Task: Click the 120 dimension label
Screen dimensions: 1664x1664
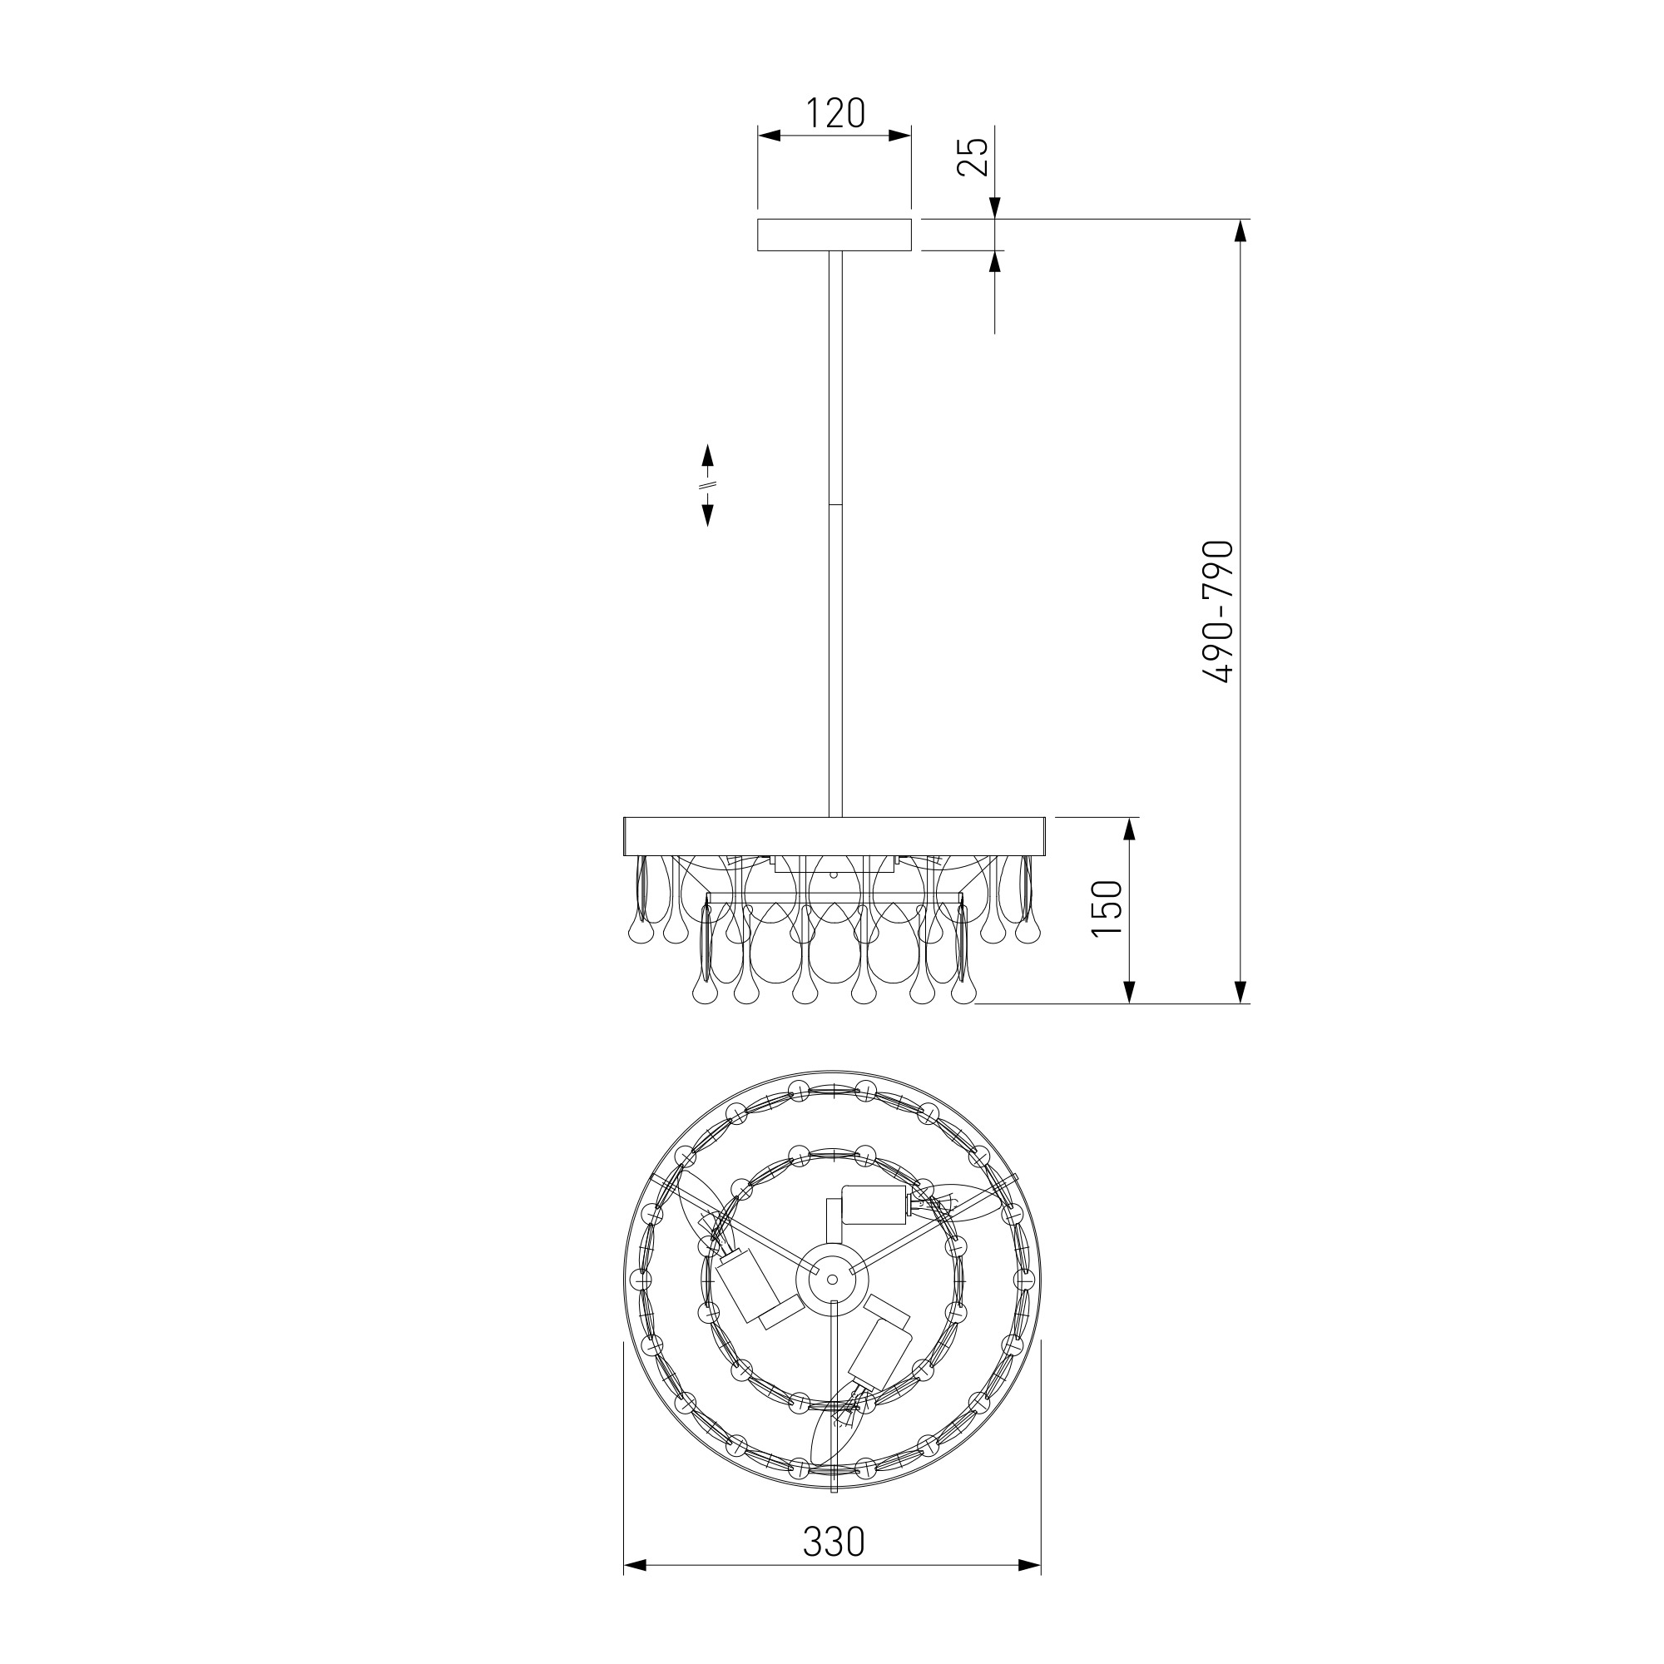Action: click(x=834, y=113)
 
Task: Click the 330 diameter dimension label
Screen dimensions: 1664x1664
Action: click(x=833, y=1542)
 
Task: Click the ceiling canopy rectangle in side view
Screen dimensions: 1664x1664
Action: click(x=834, y=235)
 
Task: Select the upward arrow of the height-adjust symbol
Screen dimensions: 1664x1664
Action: click(x=708, y=458)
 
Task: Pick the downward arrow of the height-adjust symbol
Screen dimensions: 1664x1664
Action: click(x=708, y=512)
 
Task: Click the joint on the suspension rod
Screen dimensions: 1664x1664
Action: click(x=834, y=504)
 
